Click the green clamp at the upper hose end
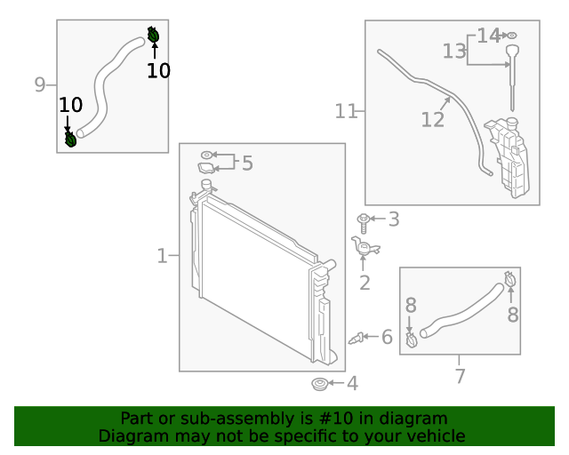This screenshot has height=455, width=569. click(x=153, y=35)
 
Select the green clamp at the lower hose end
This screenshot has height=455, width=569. click(x=70, y=140)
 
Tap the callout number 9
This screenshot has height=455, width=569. click(x=40, y=84)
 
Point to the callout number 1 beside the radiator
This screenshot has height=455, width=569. click(x=162, y=256)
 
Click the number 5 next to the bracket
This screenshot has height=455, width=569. click(x=247, y=163)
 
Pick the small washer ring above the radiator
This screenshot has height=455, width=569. click(x=206, y=156)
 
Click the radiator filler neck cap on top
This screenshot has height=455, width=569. click(x=206, y=183)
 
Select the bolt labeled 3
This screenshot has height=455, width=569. click(x=364, y=223)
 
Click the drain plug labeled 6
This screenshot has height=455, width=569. click(x=356, y=339)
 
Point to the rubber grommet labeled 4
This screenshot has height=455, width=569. click(x=320, y=384)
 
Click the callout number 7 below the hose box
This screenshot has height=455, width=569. click(x=461, y=376)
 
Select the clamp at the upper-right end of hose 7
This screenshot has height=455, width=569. click(x=510, y=279)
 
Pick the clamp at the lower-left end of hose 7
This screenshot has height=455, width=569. click(x=411, y=339)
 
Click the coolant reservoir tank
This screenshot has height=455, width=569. click(x=507, y=157)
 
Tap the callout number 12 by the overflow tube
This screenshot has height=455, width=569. click(x=433, y=119)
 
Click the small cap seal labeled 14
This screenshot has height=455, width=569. click(x=511, y=36)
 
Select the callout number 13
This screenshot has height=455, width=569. click(x=454, y=52)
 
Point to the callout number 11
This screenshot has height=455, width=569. click(x=346, y=111)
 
